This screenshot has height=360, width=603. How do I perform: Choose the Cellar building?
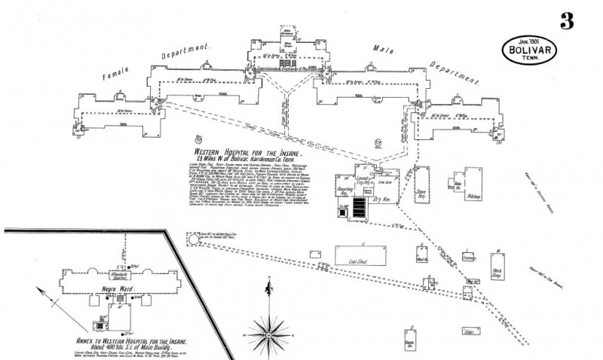[473, 331]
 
